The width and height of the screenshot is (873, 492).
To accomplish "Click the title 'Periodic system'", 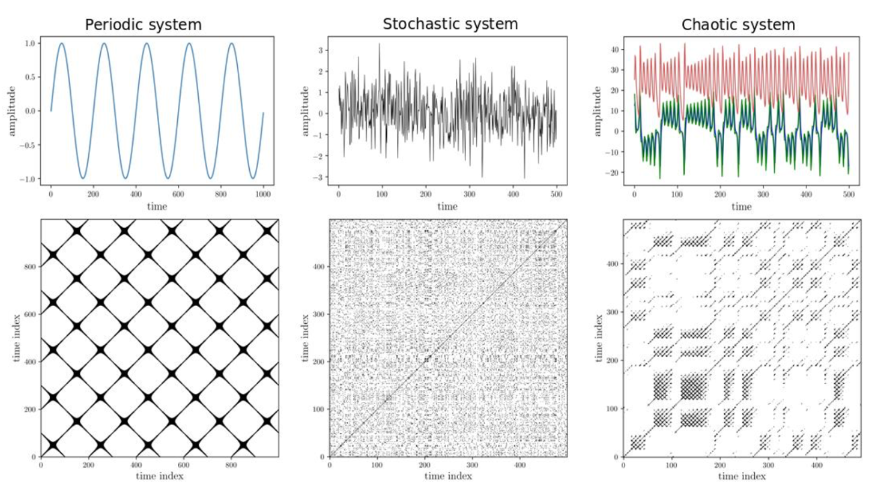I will click(144, 26).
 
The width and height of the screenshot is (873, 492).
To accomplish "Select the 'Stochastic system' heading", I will click(450, 24).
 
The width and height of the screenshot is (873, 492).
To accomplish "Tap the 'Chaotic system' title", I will click(738, 26).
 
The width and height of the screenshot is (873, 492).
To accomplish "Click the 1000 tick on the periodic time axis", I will click(263, 194).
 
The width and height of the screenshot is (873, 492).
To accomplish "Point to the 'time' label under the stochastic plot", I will click(447, 206).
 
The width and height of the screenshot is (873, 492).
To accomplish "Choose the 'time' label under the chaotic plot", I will click(741, 206).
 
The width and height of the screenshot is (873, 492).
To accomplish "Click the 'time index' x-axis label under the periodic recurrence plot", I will click(158, 476).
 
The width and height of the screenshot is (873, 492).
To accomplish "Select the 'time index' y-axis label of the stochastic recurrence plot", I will click(306, 337).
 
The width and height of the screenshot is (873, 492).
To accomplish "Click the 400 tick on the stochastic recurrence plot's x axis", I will click(520, 464).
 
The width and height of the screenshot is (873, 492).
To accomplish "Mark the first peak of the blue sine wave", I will click(61, 44).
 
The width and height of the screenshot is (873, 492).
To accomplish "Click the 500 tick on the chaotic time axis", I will click(849, 194).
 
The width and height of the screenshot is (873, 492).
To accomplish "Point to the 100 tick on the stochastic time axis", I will click(382, 194).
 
